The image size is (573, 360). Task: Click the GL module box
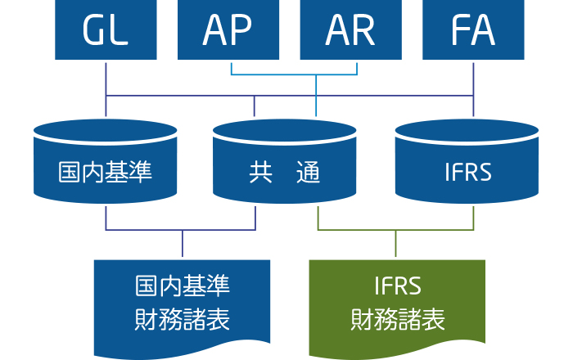(106, 29)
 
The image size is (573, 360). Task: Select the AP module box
(228, 29)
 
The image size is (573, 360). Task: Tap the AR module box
(351, 29)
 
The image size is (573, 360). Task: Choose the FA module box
(473, 29)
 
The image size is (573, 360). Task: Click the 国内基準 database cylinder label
(105, 172)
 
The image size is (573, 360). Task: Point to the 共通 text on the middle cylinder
(284, 172)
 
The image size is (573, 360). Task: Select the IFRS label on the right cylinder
(468, 172)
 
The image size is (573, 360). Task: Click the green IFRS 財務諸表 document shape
(397, 307)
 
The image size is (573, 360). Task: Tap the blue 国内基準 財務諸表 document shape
(182, 307)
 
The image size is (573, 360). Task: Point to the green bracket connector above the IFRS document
(395, 230)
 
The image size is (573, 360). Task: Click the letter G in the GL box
(93, 30)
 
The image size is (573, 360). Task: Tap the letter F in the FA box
(459, 30)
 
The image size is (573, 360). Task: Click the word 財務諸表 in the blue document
(182, 319)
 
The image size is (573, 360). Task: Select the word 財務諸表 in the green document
(398, 319)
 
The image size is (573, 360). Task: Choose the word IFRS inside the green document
(398, 286)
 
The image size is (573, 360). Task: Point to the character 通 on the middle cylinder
(308, 172)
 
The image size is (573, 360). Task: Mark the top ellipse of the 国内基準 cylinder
(106, 131)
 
